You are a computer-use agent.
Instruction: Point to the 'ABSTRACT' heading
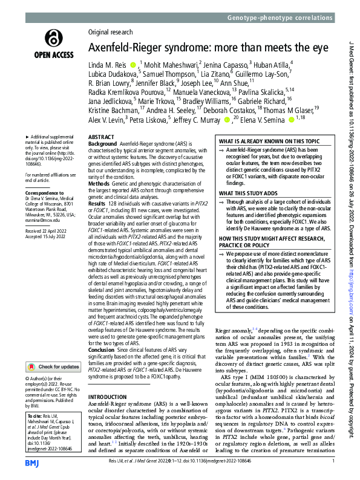click(102, 138)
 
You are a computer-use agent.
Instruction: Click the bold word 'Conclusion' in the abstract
click(103, 349)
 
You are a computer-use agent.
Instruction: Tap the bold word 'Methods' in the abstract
click(100, 182)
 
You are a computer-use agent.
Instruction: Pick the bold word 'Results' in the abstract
click(99, 206)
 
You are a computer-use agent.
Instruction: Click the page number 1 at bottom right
click(333, 462)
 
